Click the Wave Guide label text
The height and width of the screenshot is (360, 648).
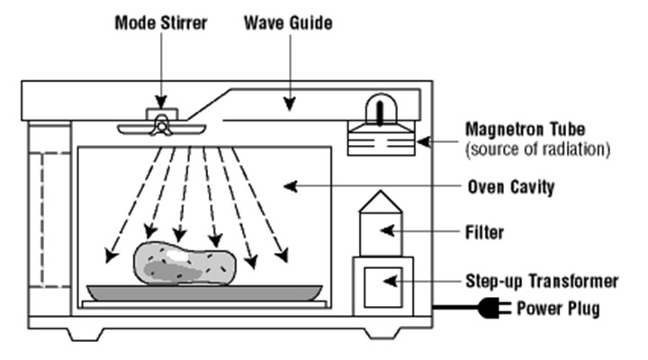tap(287, 21)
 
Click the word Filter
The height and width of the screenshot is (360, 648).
tap(486, 232)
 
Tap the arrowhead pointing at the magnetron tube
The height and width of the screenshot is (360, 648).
tap(421, 141)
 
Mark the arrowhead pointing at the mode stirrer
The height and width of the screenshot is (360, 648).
tap(162, 103)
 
